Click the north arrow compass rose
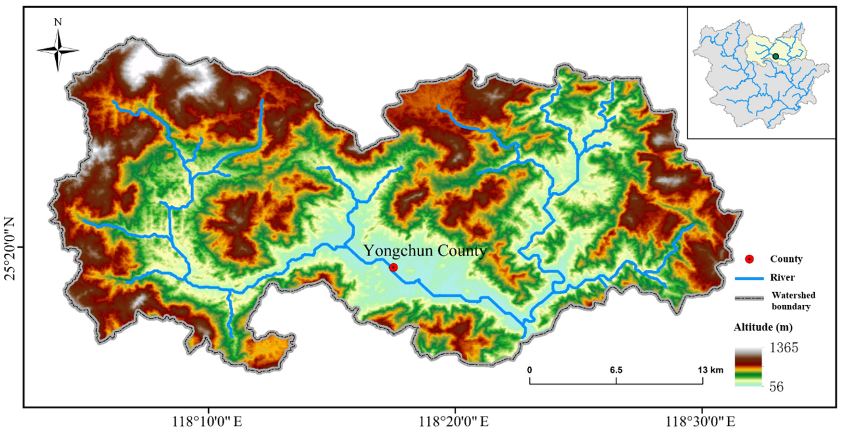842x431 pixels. point(58,50)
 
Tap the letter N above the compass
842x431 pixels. point(58,22)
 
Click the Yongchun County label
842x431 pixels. point(425,251)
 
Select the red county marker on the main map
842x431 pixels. point(394,267)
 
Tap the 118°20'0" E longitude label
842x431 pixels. point(454,422)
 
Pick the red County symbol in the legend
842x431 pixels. point(749,259)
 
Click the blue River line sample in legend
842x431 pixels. point(749,278)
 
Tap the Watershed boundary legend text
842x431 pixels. point(793,301)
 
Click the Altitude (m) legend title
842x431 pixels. point(763,327)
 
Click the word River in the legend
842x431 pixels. point(782,278)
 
